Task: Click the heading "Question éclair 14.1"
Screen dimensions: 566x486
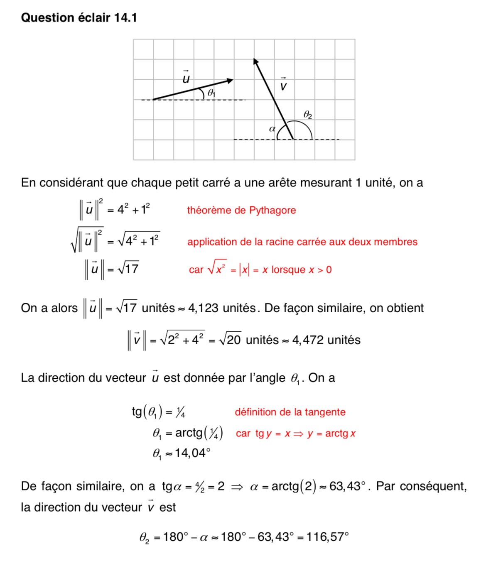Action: (79, 17)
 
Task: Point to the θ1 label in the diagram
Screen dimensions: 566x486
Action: (211, 93)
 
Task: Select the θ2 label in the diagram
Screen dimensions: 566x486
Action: (307, 115)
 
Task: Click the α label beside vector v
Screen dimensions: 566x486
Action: (272, 129)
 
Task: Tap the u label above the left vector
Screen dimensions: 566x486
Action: (186, 77)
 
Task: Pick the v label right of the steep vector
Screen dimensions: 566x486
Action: (283, 85)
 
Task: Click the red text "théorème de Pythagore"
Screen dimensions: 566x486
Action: (241, 210)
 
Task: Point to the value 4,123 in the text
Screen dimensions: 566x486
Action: (203, 308)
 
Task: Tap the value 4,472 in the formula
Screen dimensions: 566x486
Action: (308, 340)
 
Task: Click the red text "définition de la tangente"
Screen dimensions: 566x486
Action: (290, 412)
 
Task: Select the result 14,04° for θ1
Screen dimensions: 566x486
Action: (192, 453)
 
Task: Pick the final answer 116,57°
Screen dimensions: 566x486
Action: (328, 537)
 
